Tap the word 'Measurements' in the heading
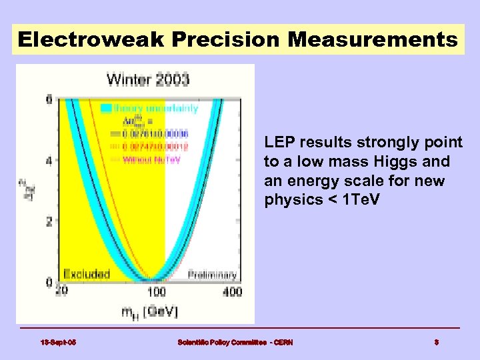[373, 40]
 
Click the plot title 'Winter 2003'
[148, 80]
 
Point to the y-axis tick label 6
[49, 99]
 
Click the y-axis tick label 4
[49, 161]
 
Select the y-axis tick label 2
[49, 221]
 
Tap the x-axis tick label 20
[61, 291]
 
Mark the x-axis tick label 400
[232, 291]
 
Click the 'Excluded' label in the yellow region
[87, 274]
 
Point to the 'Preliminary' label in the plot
[212, 275]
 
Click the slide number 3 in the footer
[436, 342]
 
